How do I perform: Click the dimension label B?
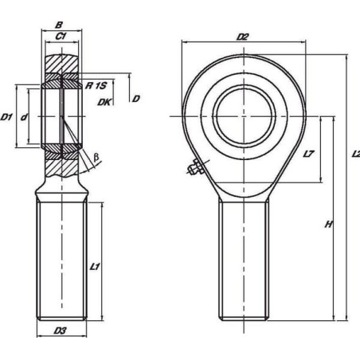[x=59, y=25]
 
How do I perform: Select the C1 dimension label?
[x=61, y=36]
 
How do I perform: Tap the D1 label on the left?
[x=6, y=116]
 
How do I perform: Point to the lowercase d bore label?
[x=24, y=116]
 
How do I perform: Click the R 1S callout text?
[x=96, y=85]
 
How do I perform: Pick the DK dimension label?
[x=104, y=102]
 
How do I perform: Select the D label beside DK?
[x=135, y=99]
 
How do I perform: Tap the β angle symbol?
[x=96, y=158]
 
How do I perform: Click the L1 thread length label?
[x=95, y=266]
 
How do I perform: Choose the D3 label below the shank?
[x=61, y=331]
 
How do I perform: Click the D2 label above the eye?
[x=242, y=37]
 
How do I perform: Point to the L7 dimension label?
[x=308, y=154]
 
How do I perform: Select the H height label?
[x=329, y=225]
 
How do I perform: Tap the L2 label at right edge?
[x=356, y=154]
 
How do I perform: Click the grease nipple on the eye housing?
[x=196, y=167]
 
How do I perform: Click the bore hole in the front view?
[x=244, y=116]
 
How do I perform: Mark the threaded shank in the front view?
[x=244, y=260]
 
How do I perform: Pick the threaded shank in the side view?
[x=61, y=260]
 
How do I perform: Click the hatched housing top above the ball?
[x=61, y=64]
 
